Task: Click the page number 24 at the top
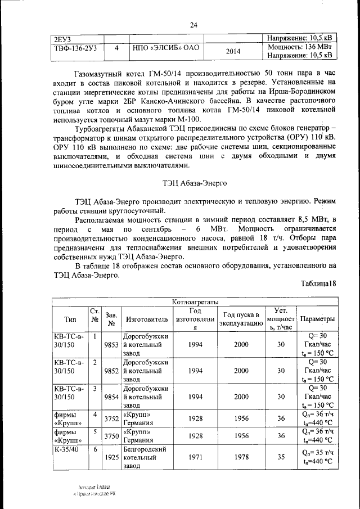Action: point(194,25)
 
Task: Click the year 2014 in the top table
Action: point(233,52)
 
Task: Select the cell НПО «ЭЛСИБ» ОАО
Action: point(166,48)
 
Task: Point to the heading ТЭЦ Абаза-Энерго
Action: point(194,182)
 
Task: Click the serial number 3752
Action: point(111,418)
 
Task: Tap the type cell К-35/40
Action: point(65,450)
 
